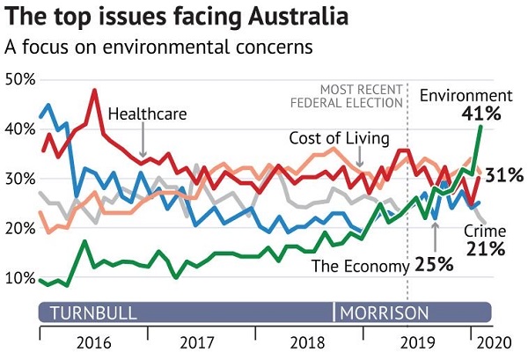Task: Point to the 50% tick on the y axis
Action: (21, 80)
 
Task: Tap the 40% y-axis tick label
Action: (21, 129)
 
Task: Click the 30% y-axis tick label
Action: (21, 179)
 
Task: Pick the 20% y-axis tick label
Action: (21, 229)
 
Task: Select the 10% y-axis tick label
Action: (21, 278)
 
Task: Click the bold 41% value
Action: (480, 114)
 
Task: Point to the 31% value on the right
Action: (504, 175)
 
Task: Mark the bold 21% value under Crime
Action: (485, 249)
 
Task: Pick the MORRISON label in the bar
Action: (385, 312)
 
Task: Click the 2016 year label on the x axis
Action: (93, 342)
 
